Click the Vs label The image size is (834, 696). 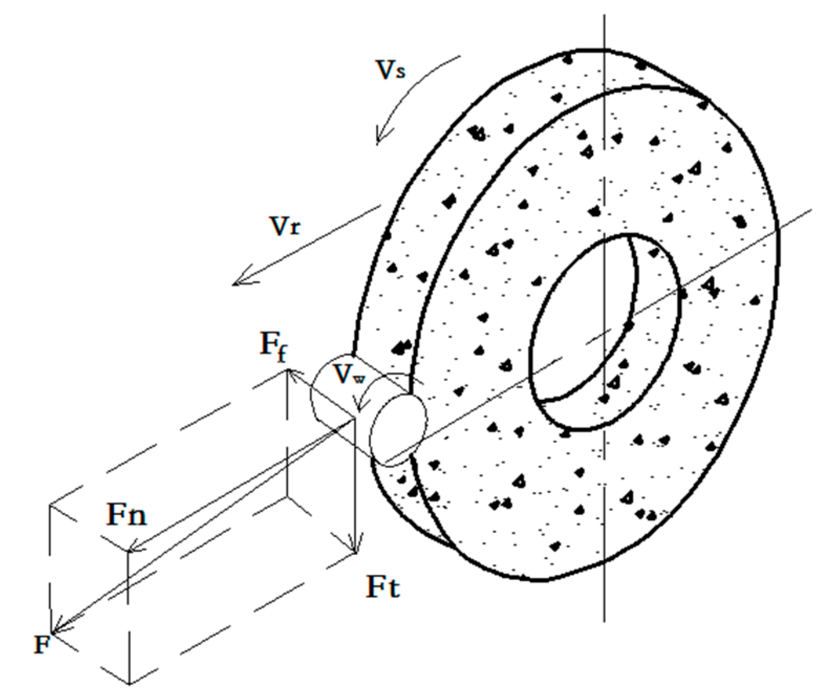pos(391,70)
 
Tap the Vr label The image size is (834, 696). pos(285,226)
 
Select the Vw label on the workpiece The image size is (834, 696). pos(349,375)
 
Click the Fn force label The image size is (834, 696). pos(126,515)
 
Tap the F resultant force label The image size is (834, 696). pos(41,644)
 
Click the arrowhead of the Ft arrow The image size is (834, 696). pos(356,549)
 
